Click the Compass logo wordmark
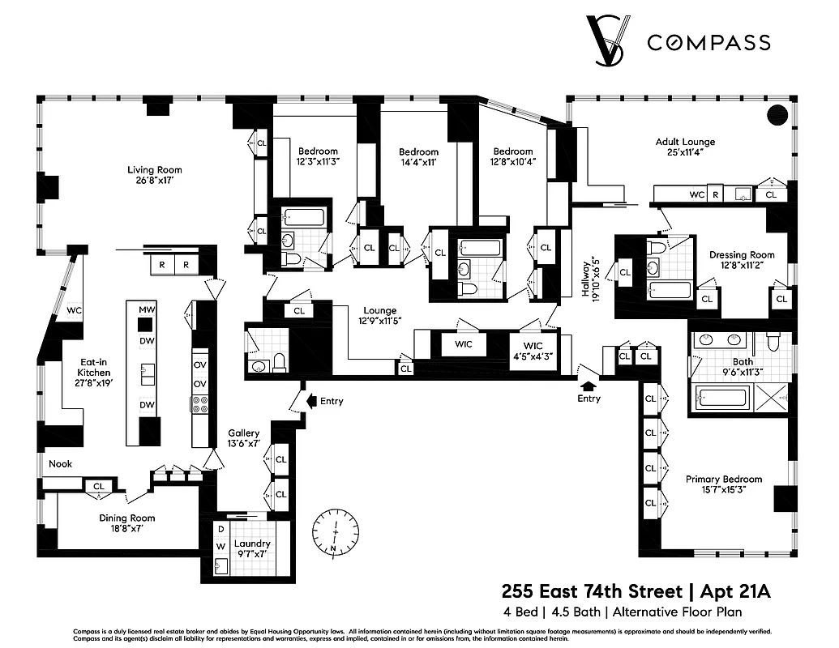(x=708, y=43)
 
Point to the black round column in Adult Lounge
(x=777, y=115)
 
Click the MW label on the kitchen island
(x=147, y=309)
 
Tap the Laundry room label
(x=252, y=549)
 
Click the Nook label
(x=60, y=464)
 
